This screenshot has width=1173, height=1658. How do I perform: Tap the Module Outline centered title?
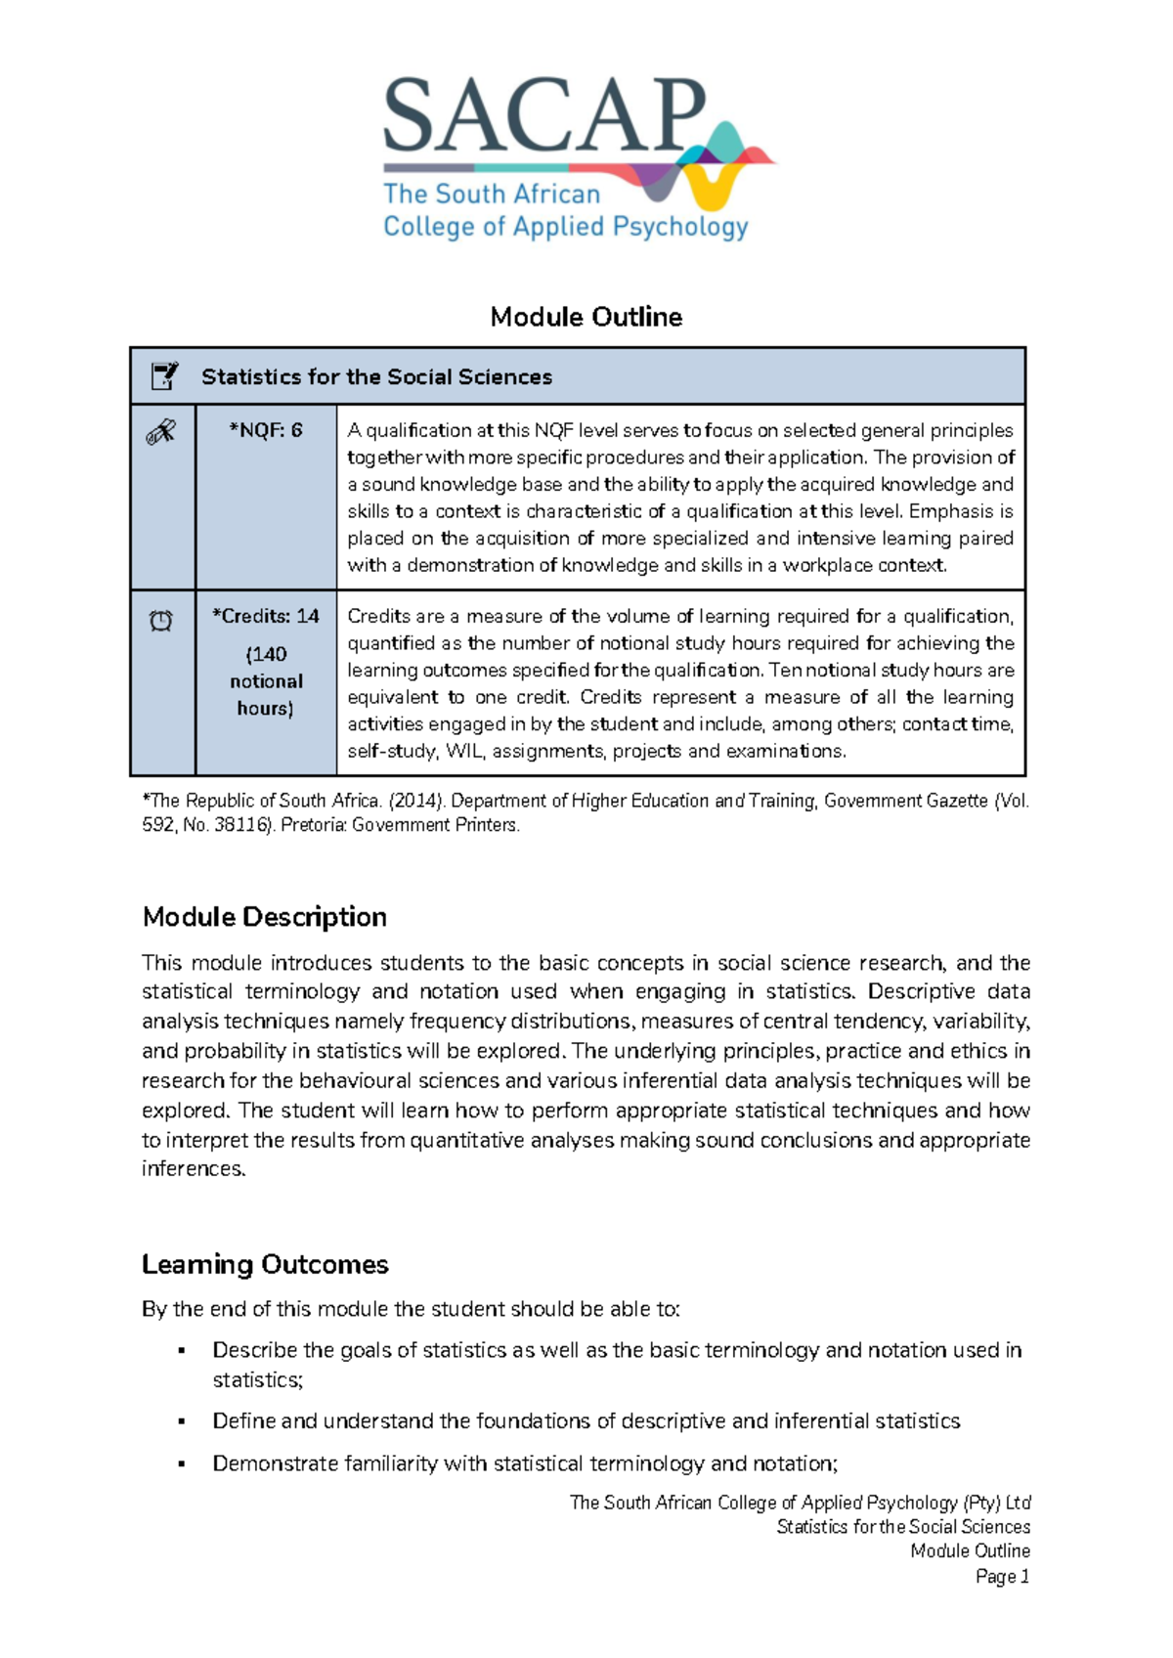pos(586,317)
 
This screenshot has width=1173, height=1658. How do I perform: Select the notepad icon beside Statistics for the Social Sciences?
pos(163,375)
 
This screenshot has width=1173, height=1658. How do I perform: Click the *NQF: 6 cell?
pos(265,430)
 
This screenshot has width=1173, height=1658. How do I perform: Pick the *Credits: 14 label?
pos(265,616)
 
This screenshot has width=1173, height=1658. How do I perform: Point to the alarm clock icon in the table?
pos(161,621)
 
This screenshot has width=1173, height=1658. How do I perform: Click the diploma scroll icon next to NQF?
pos(161,431)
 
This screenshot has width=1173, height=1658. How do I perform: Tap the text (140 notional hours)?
pos(266,681)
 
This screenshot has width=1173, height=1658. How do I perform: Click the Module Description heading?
pos(264,917)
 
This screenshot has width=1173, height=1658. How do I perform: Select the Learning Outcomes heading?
pos(265,1264)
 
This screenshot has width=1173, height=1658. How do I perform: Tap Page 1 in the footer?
pos(1002,1576)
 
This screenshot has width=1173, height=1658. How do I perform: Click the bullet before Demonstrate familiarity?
pos(182,1464)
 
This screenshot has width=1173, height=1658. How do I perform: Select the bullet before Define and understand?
pos(182,1421)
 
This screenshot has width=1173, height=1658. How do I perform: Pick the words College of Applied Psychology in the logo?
pos(565,227)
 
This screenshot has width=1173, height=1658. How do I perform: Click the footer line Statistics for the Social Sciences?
pos(902,1527)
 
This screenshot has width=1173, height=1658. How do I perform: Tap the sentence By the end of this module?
pos(411,1309)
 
